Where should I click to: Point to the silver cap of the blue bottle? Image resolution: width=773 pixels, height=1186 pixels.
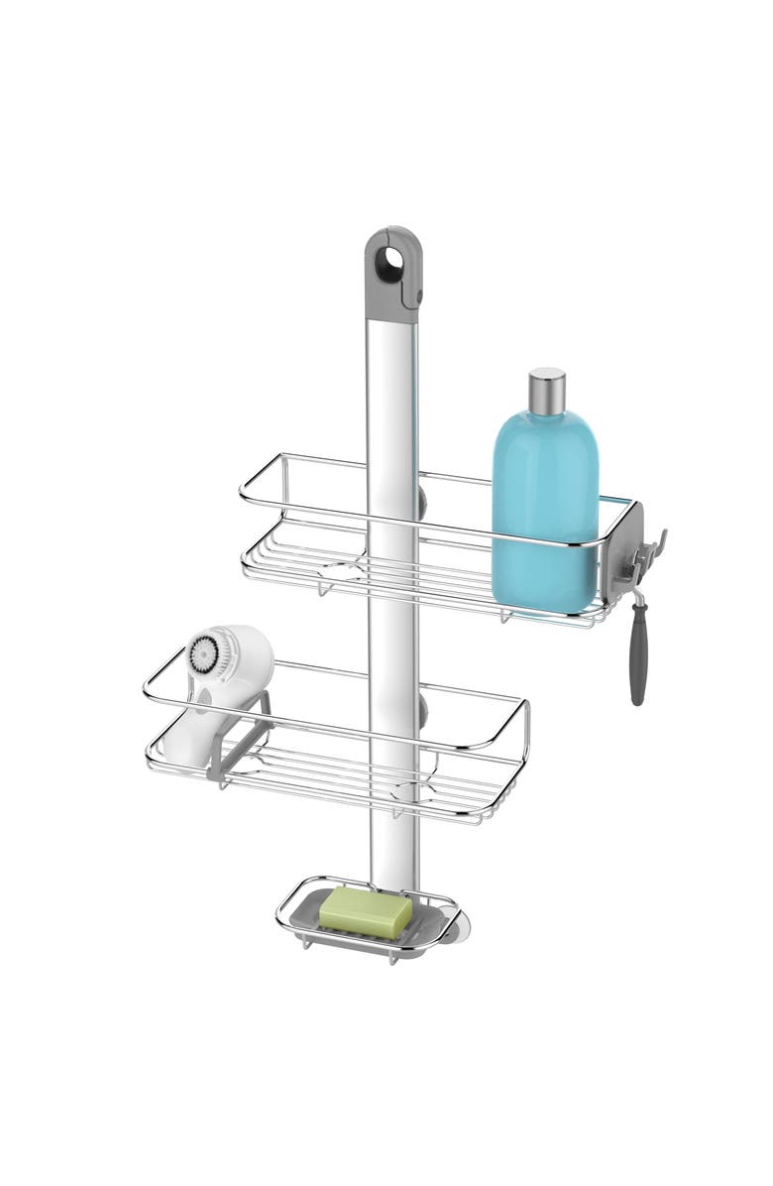[x=546, y=390]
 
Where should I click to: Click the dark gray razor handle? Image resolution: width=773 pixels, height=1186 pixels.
[x=637, y=669]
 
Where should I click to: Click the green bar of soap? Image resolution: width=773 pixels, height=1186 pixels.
[x=365, y=909]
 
